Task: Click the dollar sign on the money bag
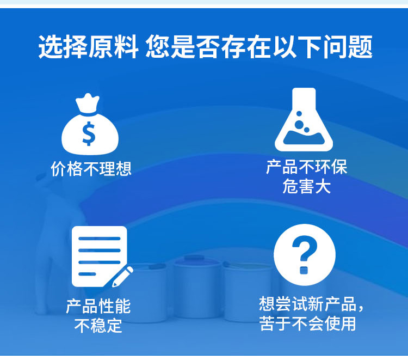[89, 133]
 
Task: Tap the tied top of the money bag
[88, 103]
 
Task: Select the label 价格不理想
[91, 169]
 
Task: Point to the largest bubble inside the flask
[300, 124]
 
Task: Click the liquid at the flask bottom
[304, 138]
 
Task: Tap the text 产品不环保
[306, 167]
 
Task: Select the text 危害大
[306, 186]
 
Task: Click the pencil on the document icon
[122, 277]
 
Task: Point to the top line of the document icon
[100, 239]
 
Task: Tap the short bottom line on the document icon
[87, 274]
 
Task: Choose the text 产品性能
[98, 307]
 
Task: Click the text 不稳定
[98, 326]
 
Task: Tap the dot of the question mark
[304, 270]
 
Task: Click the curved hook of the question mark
[305, 247]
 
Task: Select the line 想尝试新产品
[307, 304]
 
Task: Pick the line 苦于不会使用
[307, 324]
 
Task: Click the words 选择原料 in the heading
[88, 47]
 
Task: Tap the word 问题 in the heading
[348, 47]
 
